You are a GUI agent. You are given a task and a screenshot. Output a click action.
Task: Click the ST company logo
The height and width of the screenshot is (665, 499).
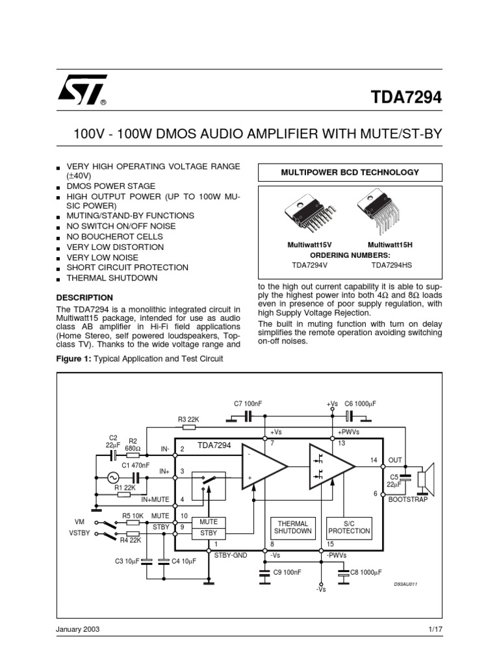pyautogui.click(x=81, y=92)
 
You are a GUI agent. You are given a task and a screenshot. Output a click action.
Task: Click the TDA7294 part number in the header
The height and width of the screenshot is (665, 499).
pyautogui.click(x=406, y=97)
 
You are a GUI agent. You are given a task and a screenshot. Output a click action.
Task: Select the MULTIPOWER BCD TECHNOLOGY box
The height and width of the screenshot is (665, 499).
pyautogui.click(x=350, y=172)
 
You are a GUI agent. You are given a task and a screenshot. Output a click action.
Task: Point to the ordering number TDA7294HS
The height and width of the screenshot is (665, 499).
pyautogui.click(x=391, y=266)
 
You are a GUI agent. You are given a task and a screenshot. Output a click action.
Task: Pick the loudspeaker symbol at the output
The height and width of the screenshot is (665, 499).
pyautogui.click(x=426, y=479)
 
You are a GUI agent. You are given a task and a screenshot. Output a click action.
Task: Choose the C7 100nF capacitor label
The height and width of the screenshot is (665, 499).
pyautogui.click(x=248, y=404)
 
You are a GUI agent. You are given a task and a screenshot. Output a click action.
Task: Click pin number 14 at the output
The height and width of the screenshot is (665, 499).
pyautogui.click(x=374, y=460)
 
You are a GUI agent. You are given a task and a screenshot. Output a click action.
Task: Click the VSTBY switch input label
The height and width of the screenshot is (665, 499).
pyautogui.click(x=78, y=534)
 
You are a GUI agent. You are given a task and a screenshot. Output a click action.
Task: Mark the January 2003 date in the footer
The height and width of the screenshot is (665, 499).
pyautogui.click(x=78, y=630)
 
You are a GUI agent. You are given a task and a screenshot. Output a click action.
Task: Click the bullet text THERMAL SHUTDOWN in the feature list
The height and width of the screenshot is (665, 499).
pyautogui.click(x=112, y=278)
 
